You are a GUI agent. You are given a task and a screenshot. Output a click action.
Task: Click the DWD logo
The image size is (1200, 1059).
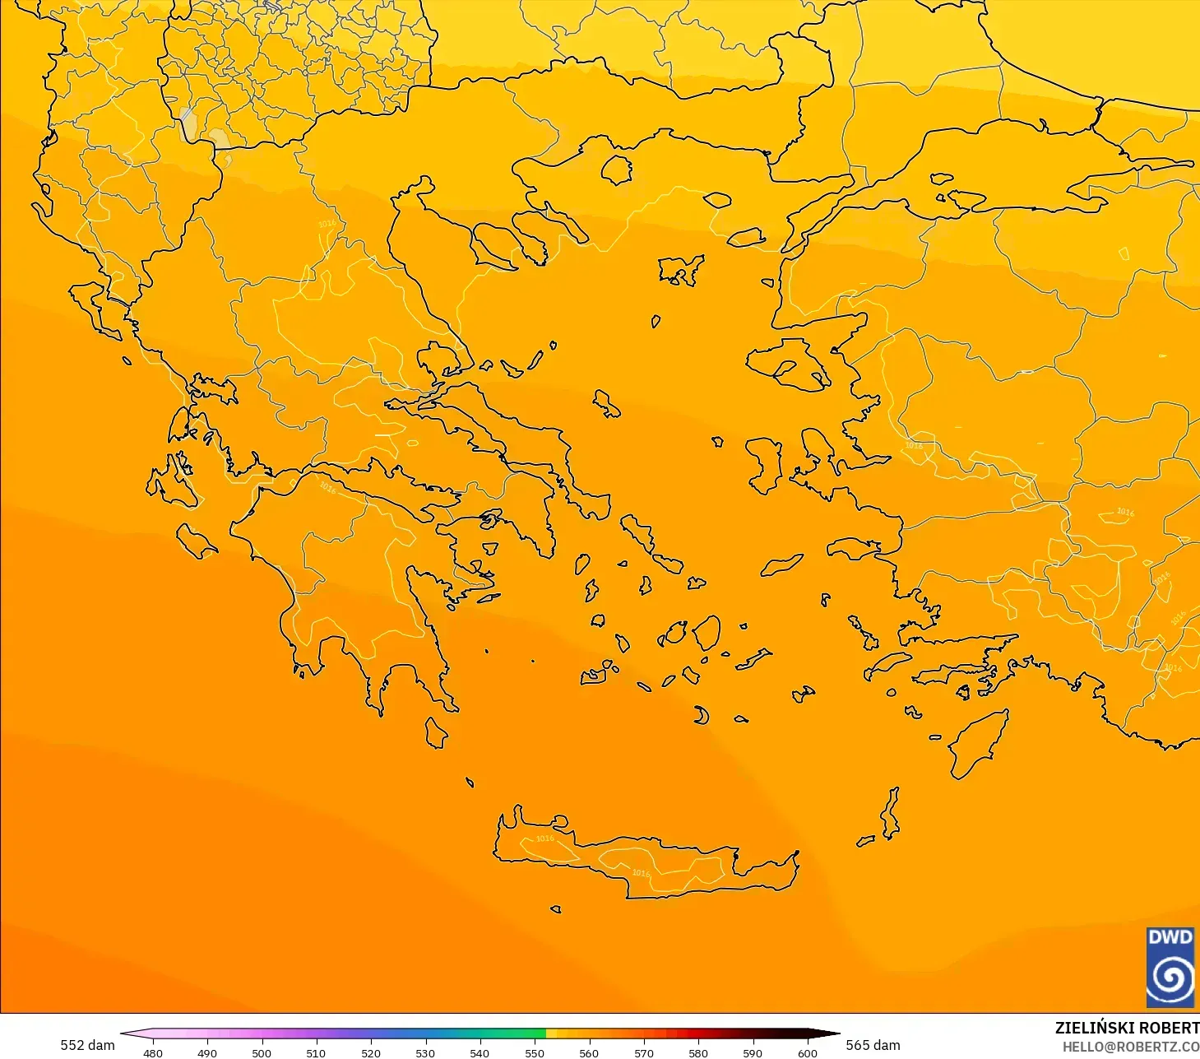[1170, 967]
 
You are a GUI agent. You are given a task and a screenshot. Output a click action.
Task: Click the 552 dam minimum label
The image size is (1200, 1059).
[87, 1045]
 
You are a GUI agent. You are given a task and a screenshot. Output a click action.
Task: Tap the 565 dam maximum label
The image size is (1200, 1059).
[873, 1045]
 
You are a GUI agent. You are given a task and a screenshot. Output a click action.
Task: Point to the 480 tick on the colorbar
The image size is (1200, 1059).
[153, 1052]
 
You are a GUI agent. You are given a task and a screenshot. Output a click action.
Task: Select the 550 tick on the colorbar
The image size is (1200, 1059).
[535, 1052]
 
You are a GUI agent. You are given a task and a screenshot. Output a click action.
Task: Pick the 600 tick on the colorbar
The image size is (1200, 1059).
[808, 1052]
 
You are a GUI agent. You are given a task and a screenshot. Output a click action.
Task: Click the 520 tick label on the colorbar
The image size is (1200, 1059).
[371, 1052]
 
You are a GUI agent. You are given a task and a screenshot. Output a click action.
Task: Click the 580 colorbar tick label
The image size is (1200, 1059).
[698, 1052]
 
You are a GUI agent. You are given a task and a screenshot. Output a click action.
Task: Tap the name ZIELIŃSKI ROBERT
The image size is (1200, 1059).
[1127, 1028]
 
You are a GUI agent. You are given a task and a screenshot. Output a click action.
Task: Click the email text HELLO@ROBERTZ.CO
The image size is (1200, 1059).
[1130, 1047]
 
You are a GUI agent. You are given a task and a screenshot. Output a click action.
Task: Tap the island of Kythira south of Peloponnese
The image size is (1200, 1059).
[436, 732]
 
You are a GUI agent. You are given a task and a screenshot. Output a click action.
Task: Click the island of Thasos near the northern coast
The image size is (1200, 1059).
[616, 170]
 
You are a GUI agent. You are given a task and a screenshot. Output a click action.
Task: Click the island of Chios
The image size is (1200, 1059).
[763, 465]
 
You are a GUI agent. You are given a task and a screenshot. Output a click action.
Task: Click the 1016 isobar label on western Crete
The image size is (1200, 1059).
[544, 838]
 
